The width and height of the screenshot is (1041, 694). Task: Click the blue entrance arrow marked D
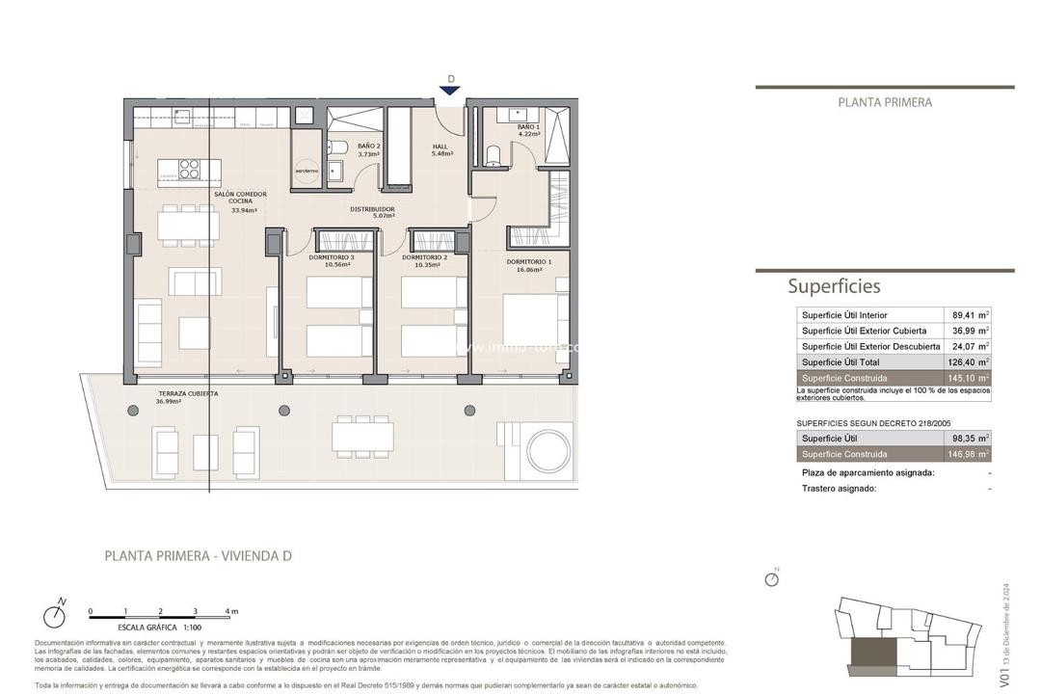click(x=450, y=91)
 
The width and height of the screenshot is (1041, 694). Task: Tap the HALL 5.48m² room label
click(x=440, y=150)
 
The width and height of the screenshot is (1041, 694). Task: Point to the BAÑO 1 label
click(x=528, y=131)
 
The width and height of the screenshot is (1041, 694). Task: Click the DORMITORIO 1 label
click(x=529, y=266)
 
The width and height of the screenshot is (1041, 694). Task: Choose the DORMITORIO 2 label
click(x=425, y=261)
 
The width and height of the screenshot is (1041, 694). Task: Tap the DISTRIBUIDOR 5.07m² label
click(x=371, y=212)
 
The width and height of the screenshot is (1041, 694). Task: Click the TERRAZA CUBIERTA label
click(x=188, y=396)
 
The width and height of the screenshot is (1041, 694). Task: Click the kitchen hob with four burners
click(x=190, y=170)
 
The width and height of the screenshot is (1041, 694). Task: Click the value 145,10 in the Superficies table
click(x=965, y=378)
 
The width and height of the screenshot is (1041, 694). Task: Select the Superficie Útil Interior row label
click(x=844, y=315)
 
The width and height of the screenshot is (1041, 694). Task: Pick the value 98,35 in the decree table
click(x=965, y=438)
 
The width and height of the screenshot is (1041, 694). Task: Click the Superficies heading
click(x=834, y=286)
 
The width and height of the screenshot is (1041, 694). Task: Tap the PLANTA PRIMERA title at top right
click(x=885, y=102)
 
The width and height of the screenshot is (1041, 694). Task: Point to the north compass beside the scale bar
click(x=55, y=616)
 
